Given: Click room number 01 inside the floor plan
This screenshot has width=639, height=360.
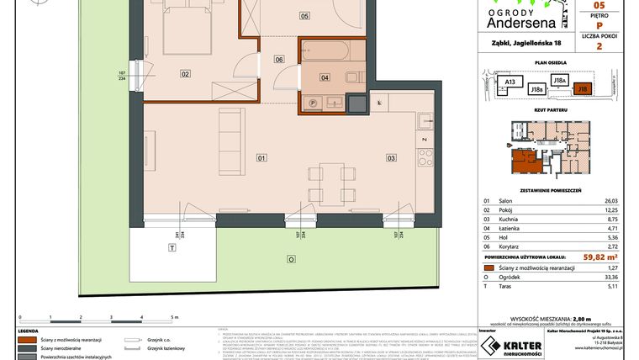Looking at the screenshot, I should click(x=261, y=157).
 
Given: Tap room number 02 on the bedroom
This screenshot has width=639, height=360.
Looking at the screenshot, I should click(x=186, y=74).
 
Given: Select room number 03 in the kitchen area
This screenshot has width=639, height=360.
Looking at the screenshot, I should click(x=391, y=157).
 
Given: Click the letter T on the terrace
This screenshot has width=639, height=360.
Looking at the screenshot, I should click(x=172, y=248).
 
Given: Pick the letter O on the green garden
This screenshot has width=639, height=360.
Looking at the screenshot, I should click(x=290, y=261).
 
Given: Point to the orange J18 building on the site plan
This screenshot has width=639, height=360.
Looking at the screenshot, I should click(x=583, y=87).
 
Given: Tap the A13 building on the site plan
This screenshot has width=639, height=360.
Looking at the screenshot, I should click(x=510, y=82).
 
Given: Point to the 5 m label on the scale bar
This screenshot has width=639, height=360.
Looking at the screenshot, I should click(x=174, y=318).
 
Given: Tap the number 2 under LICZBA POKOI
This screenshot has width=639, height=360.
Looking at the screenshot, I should click(x=598, y=47).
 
